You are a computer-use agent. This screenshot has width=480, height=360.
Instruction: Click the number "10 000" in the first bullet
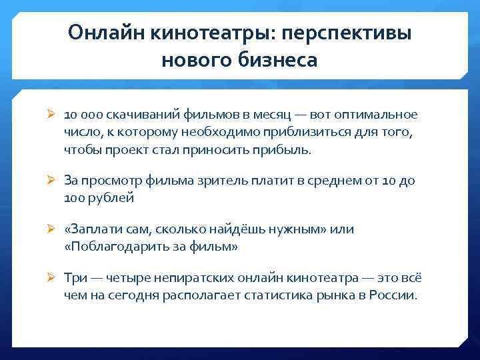81,115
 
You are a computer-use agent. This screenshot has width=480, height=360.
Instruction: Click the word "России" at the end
397,295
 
